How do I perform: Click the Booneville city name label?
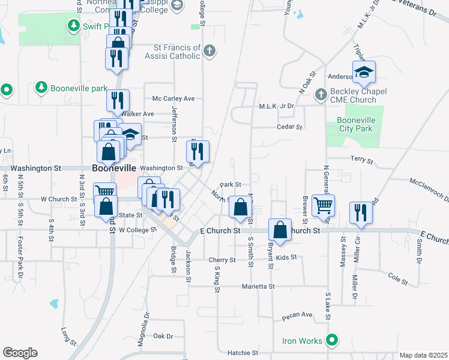coord(114,169)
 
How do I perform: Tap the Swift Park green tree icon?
coord(74,25)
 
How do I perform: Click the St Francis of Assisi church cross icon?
coord(209,50)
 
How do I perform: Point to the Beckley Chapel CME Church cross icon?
coord(321,94)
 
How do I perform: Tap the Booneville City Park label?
coord(350,124)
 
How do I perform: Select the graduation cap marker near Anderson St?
coord(364,74)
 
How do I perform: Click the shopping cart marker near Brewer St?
coord(323,206)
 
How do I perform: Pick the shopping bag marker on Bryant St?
coord(280,229)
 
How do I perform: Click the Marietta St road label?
coord(258,287)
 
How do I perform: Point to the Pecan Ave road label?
coord(298,314)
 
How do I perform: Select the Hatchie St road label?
coord(243,353)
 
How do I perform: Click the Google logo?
coord(20,353)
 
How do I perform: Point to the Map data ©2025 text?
coord(423,355)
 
